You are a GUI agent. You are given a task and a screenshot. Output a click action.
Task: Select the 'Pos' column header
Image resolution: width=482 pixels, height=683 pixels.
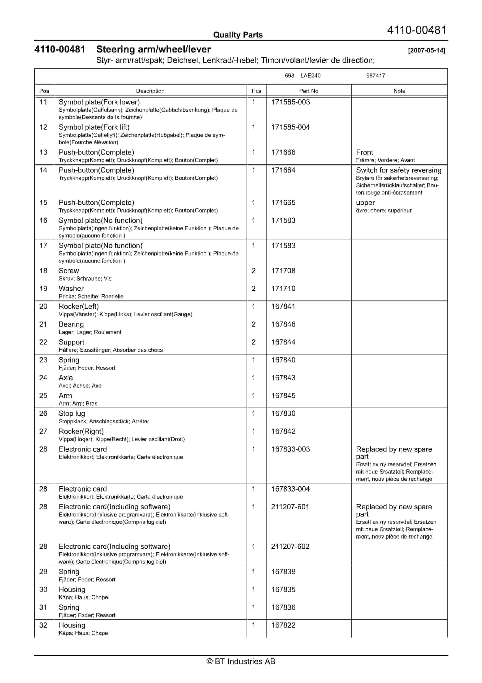coord(44,91)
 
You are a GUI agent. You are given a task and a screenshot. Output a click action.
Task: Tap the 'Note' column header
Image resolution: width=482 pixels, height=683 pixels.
coord(399,91)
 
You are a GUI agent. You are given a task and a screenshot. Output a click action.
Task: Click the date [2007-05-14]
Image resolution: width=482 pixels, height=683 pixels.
coord(427,50)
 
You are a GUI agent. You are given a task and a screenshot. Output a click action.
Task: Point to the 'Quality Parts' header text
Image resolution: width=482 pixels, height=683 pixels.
coord(238,35)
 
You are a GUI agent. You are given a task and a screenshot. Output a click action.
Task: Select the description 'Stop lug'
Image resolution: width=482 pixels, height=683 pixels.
coord(72,413)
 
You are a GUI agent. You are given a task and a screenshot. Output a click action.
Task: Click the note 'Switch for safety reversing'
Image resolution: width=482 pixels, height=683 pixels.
coord(399,170)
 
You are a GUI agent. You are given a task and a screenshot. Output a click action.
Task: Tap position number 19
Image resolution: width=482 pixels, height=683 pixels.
coord(43,289)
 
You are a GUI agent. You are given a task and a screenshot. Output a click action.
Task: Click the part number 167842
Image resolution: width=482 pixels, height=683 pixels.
coord(283,431)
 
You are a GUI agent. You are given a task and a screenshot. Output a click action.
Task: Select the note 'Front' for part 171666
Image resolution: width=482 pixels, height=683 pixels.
coord(364,152)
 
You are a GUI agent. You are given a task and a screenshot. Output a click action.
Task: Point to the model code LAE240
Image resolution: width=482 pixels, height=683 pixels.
coord(310,76)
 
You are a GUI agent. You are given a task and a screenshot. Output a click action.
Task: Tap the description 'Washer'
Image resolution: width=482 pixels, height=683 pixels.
coord(71,289)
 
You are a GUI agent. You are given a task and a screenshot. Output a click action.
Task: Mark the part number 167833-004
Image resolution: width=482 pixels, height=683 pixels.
coord(290,489)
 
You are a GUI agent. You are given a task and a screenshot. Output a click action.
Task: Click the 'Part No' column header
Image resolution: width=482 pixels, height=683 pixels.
coord(308,91)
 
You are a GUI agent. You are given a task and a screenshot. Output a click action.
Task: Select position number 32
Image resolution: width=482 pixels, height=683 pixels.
coord(43,625)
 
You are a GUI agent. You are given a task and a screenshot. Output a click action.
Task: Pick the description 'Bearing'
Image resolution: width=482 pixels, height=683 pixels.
coord(71,324)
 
